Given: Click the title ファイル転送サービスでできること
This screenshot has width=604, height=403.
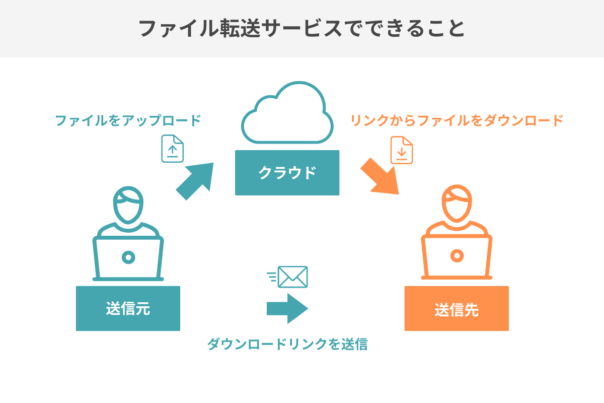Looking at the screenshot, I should pyautogui.click(x=301, y=29).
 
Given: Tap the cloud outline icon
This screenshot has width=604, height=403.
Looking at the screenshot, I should pyautogui.click(x=287, y=114).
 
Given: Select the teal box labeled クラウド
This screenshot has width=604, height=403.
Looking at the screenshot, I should pyautogui.click(x=287, y=173).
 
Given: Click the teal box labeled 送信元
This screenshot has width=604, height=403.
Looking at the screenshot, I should pyautogui.click(x=128, y=308).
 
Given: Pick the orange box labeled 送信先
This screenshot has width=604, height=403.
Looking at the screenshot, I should pyautogui.click(x=457, y=308).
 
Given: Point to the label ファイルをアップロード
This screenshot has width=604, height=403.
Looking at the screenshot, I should pyautogui.click(x=128, y=121).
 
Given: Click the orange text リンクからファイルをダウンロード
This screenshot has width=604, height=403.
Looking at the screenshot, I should pyautogui.click(x=457, y=121).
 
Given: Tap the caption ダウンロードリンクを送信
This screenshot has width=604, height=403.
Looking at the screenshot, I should pyautogui.click(x=287, y=345).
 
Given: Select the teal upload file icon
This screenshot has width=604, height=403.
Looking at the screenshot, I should pyautogui.click(x=173, y=149).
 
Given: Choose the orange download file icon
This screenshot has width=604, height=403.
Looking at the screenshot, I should pyautogui.click(x=402, y=150).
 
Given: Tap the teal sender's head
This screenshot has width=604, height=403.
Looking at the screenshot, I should pyautogui.click(x=128, y=206).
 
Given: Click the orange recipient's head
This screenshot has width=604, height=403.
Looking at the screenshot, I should pyautogui.click(x=457, y=206).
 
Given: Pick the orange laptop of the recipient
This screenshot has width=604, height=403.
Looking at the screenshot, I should pyautogui.click(x=457, y=257).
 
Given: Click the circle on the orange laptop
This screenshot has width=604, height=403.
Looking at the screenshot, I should pyautogui.click(x=457, y=256).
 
